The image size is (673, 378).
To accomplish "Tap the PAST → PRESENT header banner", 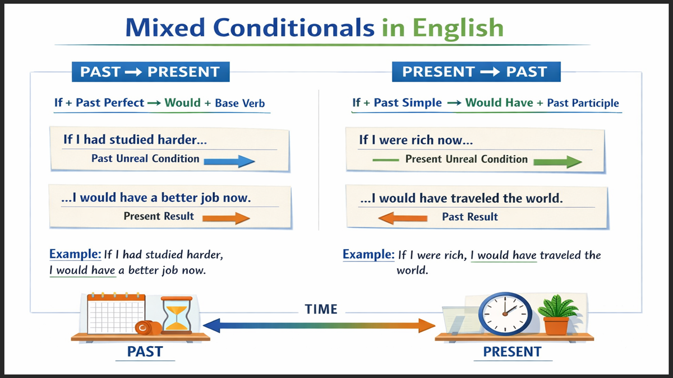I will click(150, 72).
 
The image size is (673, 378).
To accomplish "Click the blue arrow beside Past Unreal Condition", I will click(229, 161).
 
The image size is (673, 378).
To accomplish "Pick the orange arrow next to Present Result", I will click(225, 218).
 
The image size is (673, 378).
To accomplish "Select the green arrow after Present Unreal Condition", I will click(557, 162).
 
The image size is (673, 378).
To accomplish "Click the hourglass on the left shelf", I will click(177, 315).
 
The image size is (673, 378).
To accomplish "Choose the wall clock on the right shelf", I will click(505, 314).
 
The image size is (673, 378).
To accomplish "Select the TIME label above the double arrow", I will click(321, 309).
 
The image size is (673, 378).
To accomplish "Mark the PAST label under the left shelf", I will click(145, 352).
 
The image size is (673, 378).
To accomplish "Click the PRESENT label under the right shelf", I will click(512, 352).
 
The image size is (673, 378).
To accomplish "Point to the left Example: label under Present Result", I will click(75, 254).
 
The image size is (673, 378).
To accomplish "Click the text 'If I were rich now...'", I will click(416, 140).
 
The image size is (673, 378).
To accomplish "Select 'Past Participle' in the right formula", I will click(583, 103).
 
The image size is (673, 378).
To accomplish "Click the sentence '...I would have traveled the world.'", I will click(461, 198).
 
